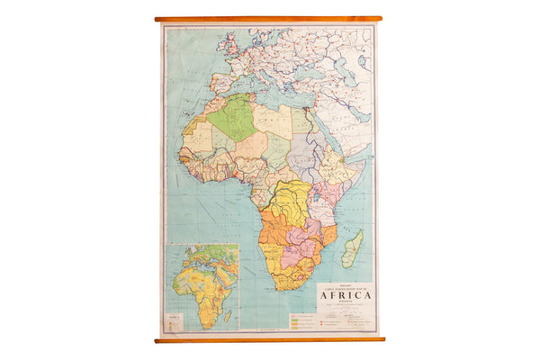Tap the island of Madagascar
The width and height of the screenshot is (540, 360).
352,247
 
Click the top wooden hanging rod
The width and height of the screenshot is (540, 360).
268,18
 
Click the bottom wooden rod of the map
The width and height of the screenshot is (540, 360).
268,339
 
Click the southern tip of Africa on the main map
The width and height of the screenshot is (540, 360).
287,289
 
